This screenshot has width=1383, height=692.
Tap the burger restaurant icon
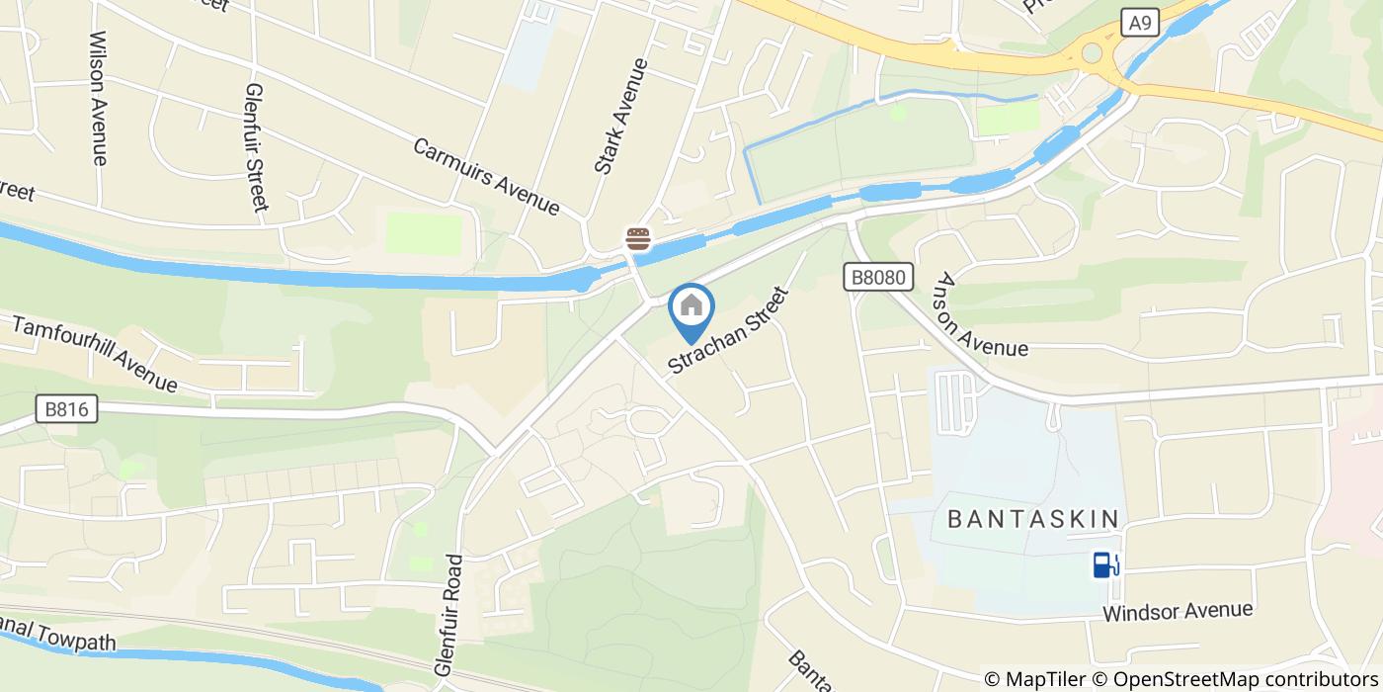(x=637, y=238)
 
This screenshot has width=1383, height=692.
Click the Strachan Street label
(x=729, y=331)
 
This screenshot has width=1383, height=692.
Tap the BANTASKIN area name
(x=1033, y=519)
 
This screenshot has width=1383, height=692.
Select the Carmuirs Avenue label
(x=486, y=176)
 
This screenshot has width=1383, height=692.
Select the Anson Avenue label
(x=982, y=315)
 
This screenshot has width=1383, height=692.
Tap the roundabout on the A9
(x=1092, y=52)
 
